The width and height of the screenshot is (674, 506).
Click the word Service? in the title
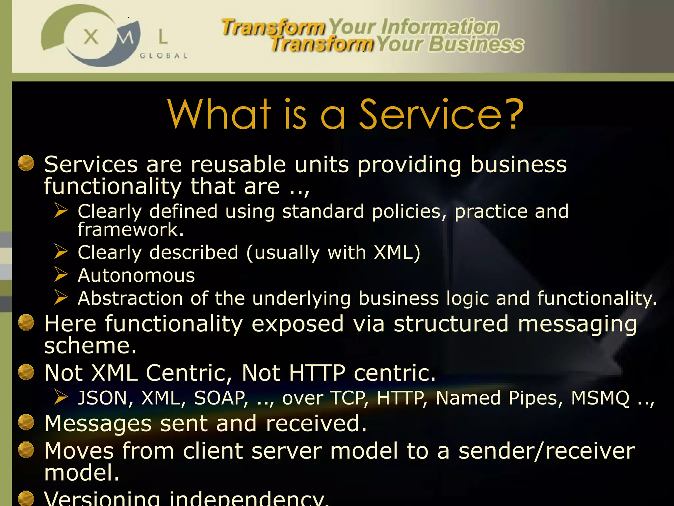click(441, 115)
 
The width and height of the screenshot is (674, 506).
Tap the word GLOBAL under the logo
click(163, 56)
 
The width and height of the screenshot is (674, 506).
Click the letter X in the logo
click(91, 37)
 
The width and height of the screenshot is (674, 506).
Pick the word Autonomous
click(136, 275)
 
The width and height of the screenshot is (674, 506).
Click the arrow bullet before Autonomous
click(61, 274)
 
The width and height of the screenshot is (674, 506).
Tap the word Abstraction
click(130, 298)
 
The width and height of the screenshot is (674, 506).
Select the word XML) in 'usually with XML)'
click(397, 253)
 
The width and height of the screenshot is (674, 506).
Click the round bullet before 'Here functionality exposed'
click(26, 323)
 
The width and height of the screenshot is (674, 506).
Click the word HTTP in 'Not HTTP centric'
click(317, 373)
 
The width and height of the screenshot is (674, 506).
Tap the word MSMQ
click(600, 398)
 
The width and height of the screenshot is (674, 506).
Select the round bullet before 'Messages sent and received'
click(26, 423)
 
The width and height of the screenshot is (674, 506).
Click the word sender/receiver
click(547, 451)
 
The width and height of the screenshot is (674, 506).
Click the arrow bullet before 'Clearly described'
click(61, 252)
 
